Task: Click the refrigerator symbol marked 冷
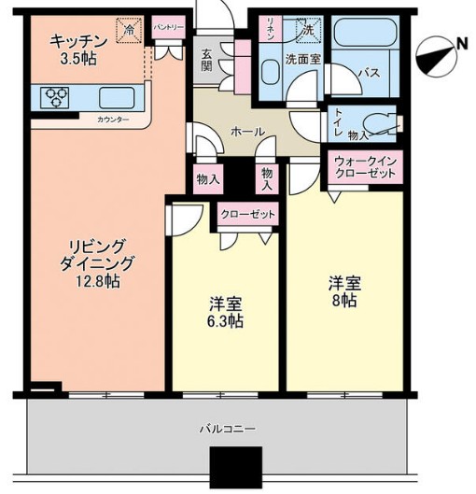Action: tap(129, 30)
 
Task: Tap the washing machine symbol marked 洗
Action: tap(308, 30)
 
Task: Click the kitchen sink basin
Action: tap(117, 98)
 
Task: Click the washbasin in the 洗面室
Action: tap(271, 72)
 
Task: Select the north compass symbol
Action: tap(436, 58)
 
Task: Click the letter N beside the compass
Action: tap(462, 44)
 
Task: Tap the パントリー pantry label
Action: tap(169, 27)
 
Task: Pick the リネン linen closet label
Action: tap(270, 28)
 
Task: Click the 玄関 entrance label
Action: tap(206, 60)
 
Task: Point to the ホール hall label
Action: tap(247, 132)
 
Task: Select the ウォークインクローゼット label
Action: tap(365, 167)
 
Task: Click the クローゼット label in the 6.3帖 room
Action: tap(248, 215)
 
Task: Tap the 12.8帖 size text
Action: tap(97, 281)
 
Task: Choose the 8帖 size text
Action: tap(344, 301)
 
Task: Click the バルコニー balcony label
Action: tap(228, 429)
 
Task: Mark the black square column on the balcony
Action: tap(236, 470)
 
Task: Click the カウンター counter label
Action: tap(113, 120)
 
